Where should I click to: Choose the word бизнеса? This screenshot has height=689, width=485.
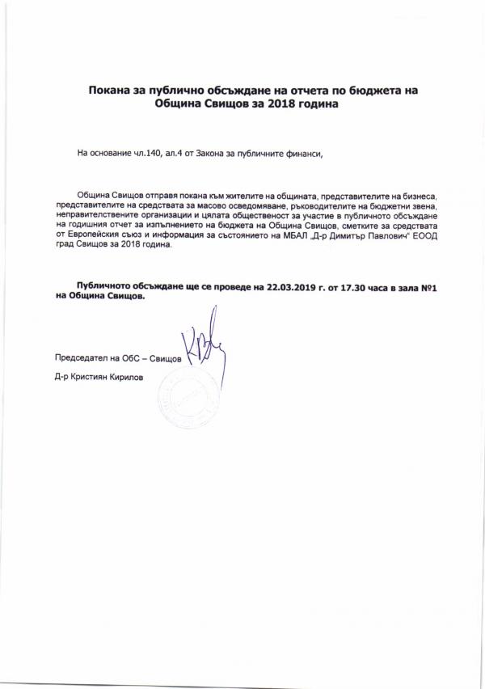(x=417, y=197)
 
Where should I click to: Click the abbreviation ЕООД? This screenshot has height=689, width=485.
(x=424, y=242)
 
